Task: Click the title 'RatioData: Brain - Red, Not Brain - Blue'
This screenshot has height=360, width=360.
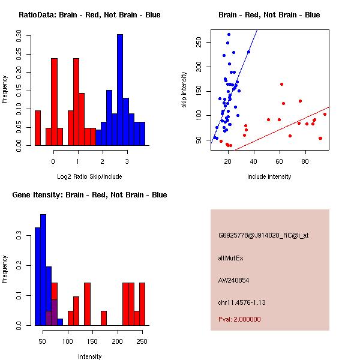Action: [89, 15]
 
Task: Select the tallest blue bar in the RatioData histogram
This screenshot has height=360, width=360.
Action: [120, 90]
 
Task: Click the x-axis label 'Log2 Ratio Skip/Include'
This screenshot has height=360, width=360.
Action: [89, 176]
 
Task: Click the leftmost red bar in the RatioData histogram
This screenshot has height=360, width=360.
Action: [38, 128]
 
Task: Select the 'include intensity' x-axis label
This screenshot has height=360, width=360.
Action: [269, 176]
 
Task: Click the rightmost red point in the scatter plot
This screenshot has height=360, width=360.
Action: [325, 114]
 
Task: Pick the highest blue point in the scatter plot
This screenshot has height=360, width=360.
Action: [229, 35]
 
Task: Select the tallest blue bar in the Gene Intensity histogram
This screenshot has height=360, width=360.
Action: [43, 269]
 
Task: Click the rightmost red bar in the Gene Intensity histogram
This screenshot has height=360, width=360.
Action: [142, 304]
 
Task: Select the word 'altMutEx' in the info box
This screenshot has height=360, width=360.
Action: [231, 258]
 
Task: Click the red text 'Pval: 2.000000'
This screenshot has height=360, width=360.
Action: [240, 319]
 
